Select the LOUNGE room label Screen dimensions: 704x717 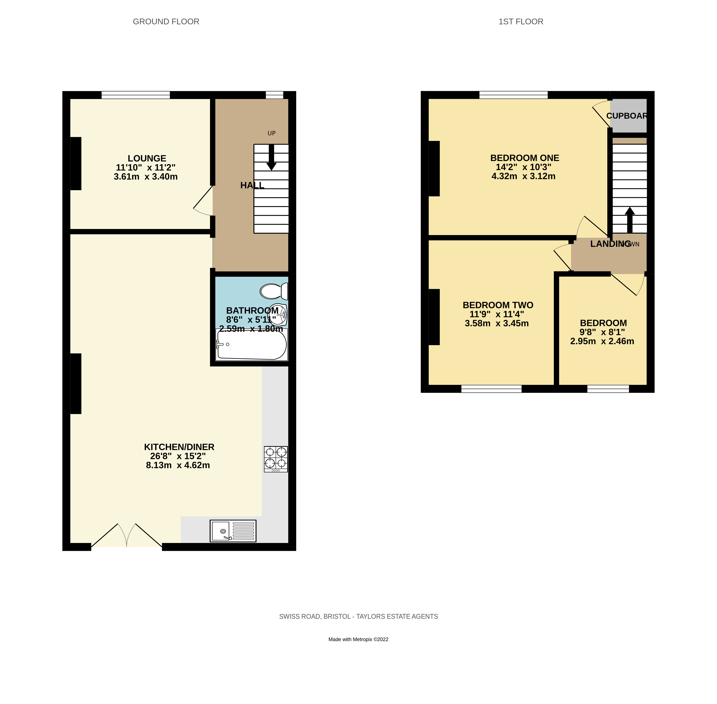point(147,158)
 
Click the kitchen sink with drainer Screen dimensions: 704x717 point(233,531)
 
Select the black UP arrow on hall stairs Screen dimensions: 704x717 point(272,157)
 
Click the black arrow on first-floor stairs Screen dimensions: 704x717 point(630,220)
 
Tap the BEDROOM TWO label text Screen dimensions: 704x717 point(498,305)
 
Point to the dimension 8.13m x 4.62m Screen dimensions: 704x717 point(178,465)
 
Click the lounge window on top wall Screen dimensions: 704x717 point(136,95)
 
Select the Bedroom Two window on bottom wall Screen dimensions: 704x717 point(491,389)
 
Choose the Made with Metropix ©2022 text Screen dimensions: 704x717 point(358,639)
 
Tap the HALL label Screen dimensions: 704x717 point(252,185)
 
